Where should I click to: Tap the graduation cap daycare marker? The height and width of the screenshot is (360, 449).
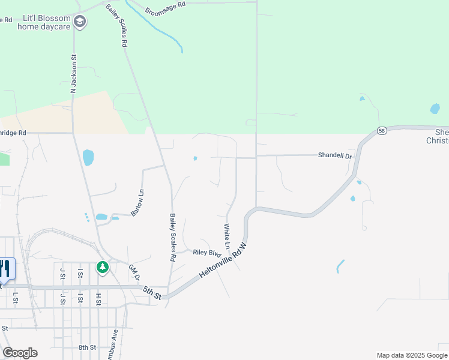click(x=80, y=23)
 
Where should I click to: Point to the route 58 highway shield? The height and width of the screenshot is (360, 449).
click(x=382, y=131)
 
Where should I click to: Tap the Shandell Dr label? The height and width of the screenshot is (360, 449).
click(x=334, y=155)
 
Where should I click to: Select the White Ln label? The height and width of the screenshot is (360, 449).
click(x=227, y=236)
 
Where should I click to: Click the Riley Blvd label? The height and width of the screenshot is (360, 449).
click(x=203, y=253)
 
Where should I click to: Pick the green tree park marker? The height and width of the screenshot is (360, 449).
click(x=103, y=267)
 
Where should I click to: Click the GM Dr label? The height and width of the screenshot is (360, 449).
click(x=134, y=273)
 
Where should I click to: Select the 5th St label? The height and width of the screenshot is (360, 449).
click(x=152, y=293)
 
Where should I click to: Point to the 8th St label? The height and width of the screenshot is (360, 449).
click(x=87, y=347)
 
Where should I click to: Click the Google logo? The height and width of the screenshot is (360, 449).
click(x=20, y=353)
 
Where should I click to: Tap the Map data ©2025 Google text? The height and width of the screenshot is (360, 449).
click(x=411, y=355)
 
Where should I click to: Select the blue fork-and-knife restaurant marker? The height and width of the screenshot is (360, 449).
click(x=6, y=269)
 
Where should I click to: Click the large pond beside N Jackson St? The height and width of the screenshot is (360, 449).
click(x=88, y=158)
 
